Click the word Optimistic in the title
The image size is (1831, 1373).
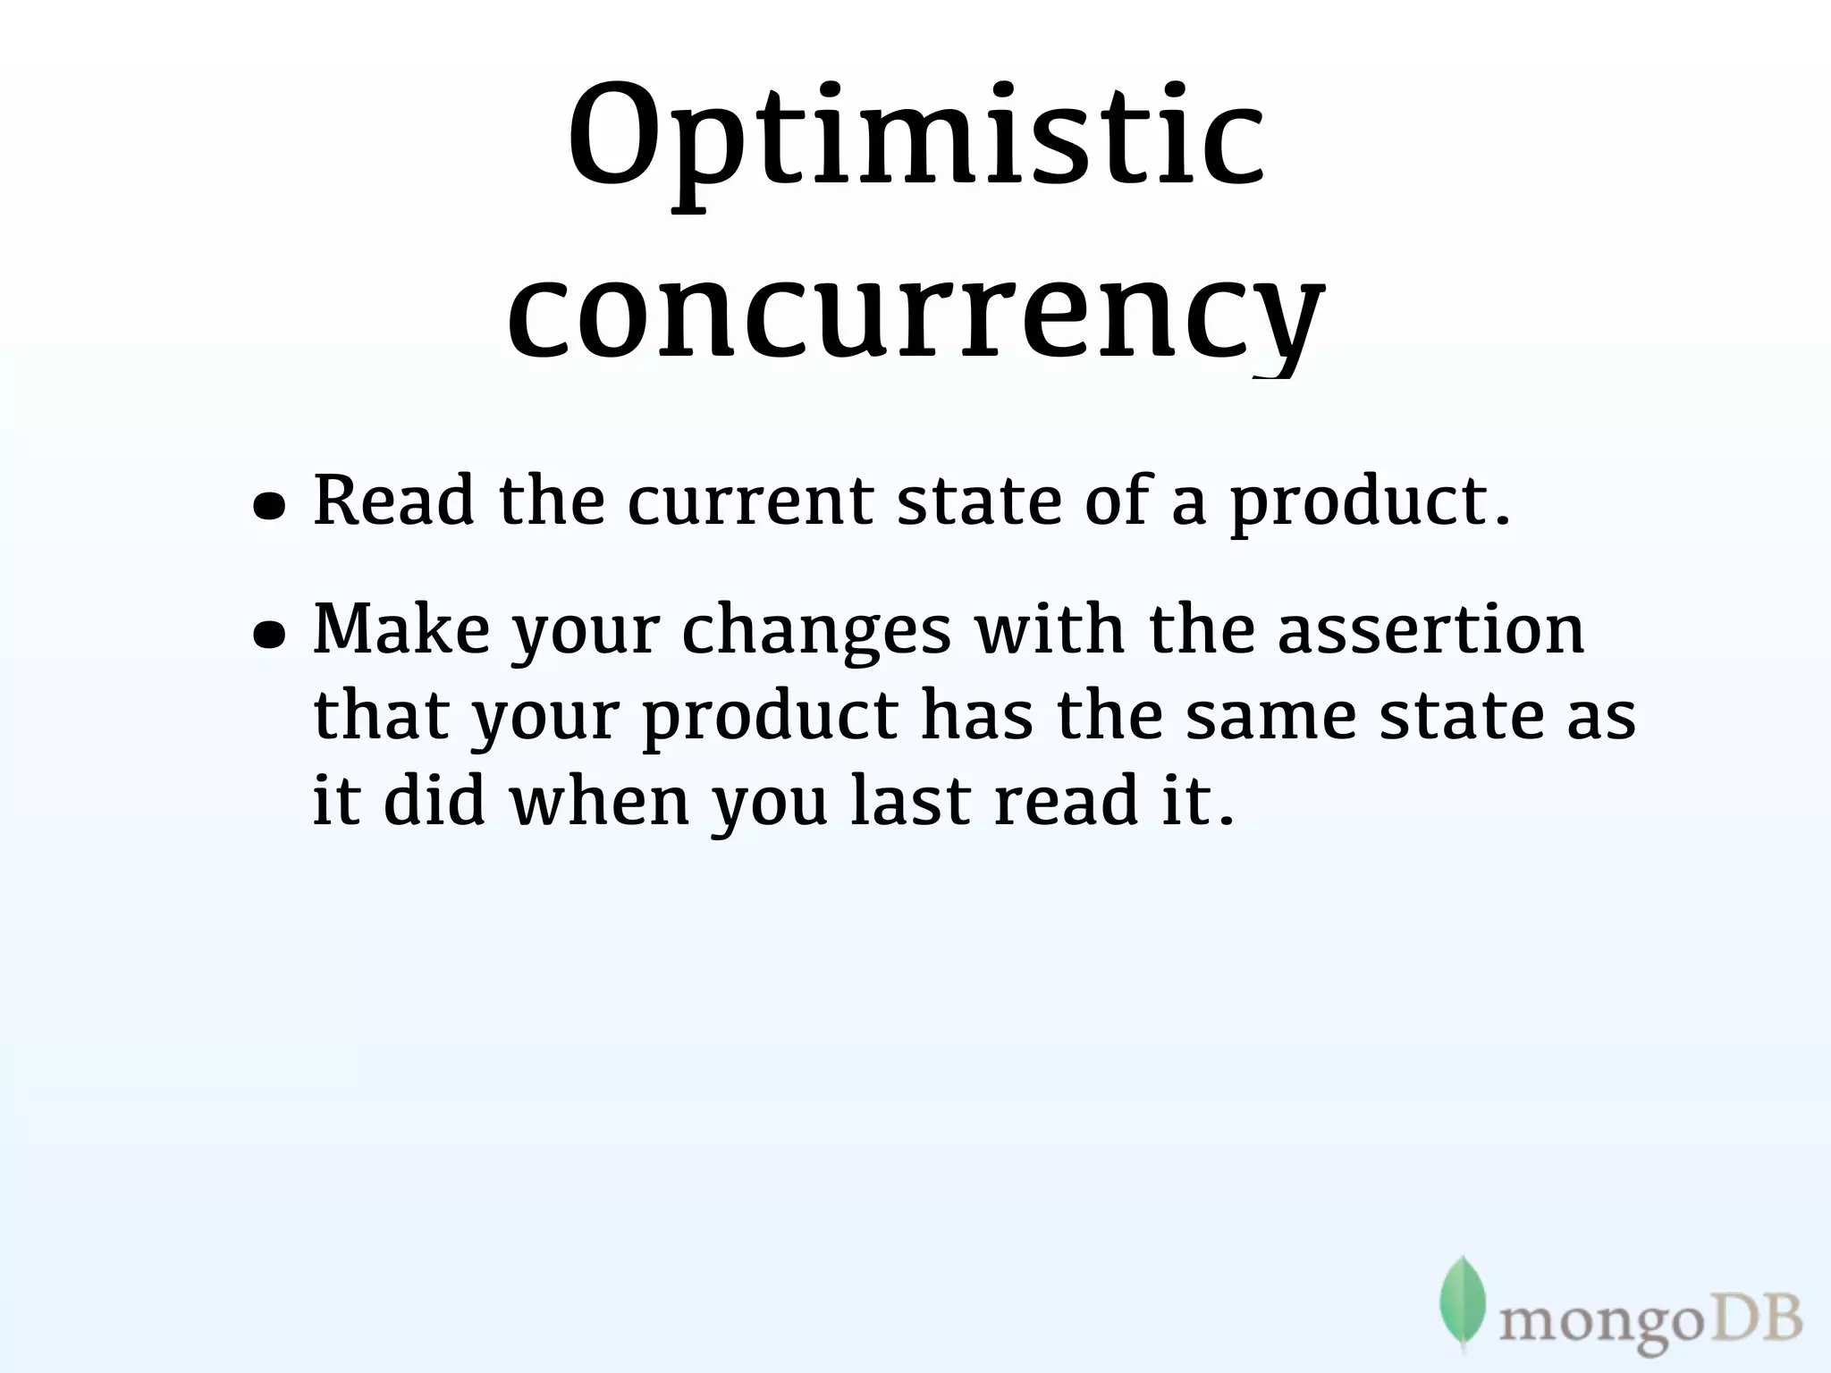(x=915, y=143)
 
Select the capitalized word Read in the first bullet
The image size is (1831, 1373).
(x=393, y=501)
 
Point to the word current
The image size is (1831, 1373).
(x=749, y=501)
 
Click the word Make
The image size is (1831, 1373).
(x=401, y=628)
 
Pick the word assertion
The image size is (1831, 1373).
(x=1430, y=628)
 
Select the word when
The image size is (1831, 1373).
(x=599, y=800)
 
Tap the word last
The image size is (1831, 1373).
(x=910, y=800)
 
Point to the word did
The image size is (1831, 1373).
(x=434, y=800)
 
